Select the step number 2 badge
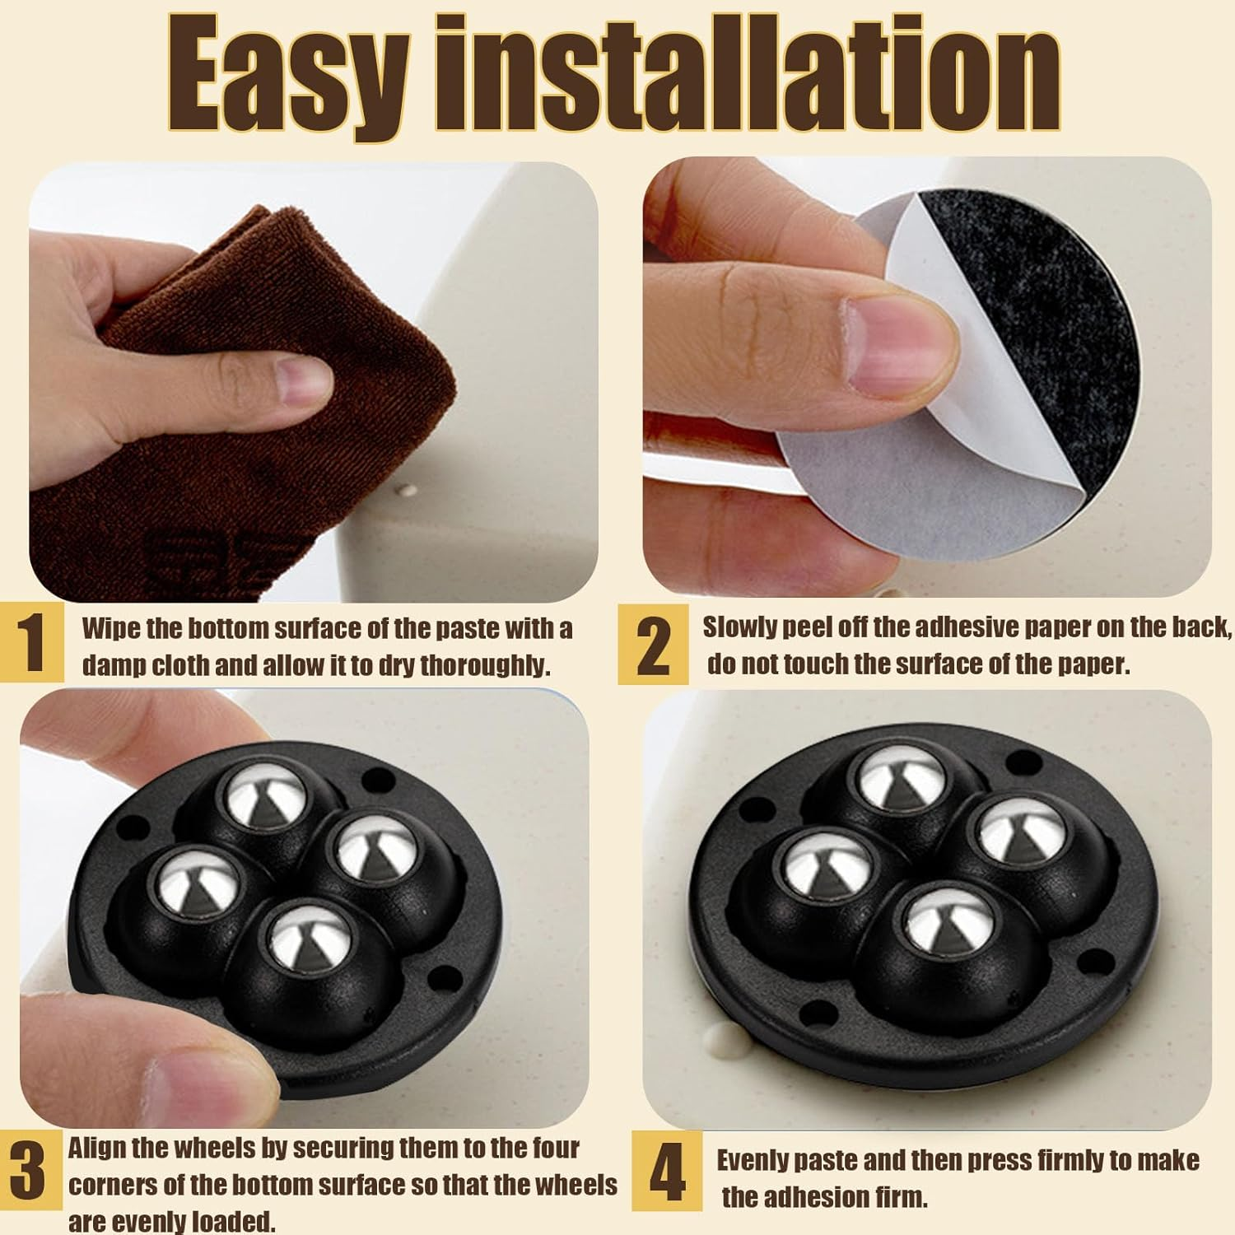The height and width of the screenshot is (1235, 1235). pos(653,645)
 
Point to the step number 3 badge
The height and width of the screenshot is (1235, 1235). pos(30,1174)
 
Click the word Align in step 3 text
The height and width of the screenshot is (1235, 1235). pos(97,1149)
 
